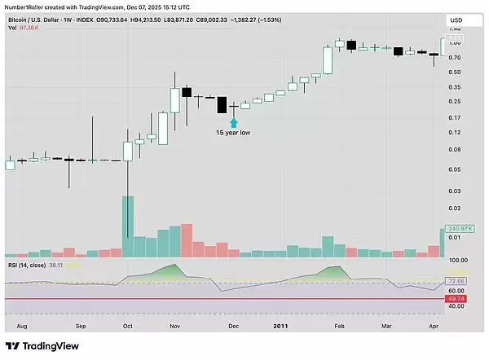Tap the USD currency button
(x=456, y=20)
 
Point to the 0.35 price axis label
(x=454, y=86)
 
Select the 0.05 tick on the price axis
(x=454, y=169)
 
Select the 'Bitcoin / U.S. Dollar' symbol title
(x=37, y=17)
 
